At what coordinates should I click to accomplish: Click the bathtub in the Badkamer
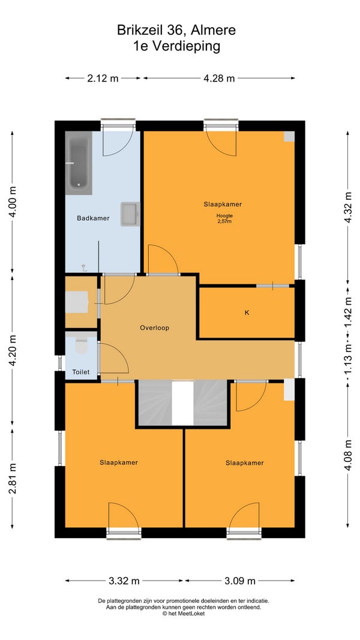tap(79, 163)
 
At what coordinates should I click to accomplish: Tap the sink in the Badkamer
tap(130, 214)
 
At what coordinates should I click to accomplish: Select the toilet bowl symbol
tap(82, 345)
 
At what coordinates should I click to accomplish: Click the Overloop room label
tap(154, 327)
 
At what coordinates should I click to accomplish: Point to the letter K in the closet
tap(247, 313)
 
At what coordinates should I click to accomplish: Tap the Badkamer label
tap(93, 218)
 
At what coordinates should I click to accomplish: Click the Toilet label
tap(81, 372)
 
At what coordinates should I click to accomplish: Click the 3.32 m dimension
tap(124, 581)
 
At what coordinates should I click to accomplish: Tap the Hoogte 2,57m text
tap(224, 219)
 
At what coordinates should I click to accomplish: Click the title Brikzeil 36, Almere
tap(176, 30)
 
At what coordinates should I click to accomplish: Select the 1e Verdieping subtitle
tap(176, 46)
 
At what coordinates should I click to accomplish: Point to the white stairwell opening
tap(182, 403)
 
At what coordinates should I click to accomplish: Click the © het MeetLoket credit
tap(183, 614)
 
